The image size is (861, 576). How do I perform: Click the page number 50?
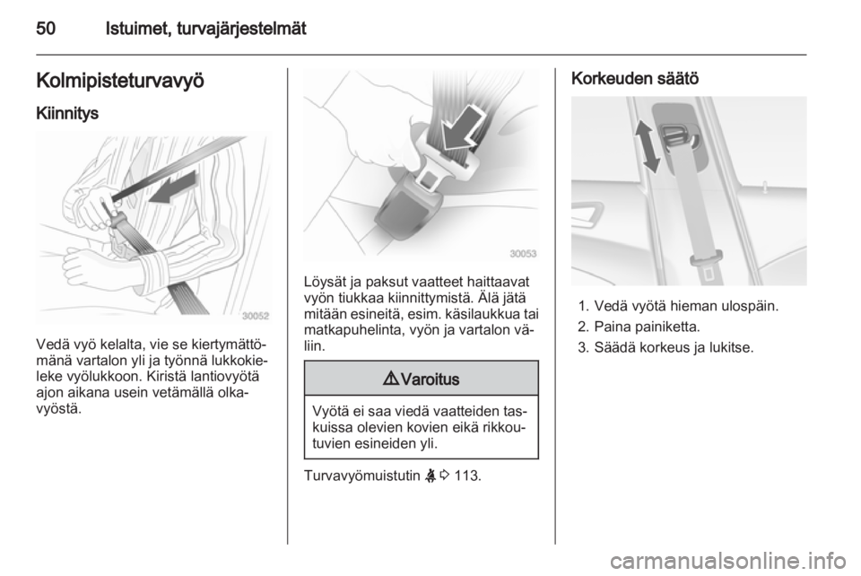[46, 28]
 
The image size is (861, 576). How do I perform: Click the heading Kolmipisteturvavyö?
[120, 81]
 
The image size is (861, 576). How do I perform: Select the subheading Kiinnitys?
[67, 113]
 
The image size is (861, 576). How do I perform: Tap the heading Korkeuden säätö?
[635, 79]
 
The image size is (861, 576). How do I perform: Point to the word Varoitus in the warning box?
[430, 380]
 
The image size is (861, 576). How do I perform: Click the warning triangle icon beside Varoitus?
[392, 379]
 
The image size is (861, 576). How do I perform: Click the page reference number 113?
[467, 475]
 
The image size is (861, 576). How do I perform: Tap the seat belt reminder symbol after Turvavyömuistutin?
[430, 475]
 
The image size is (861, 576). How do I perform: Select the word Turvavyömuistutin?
[361, 476]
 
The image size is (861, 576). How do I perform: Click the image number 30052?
[256, 316]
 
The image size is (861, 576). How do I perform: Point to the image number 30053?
[523, 254]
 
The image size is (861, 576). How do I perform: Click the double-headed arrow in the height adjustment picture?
[648, 146]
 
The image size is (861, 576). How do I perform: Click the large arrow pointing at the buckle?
[461, 129]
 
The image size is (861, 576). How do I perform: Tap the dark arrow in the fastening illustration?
[172, 188]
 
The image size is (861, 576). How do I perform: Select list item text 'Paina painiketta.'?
[647, 327]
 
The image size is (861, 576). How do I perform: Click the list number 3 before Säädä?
[583, 347]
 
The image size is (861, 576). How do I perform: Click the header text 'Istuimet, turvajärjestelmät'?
[206, 29]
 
